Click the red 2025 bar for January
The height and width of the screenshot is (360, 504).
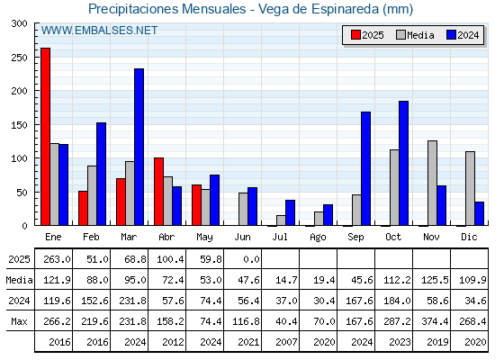click(x=45, y=137)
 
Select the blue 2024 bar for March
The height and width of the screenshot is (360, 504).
click(x=139, y=147)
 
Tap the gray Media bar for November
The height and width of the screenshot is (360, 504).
click(x=432, y=183)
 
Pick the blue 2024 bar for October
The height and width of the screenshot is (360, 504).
click(x=404, y=163)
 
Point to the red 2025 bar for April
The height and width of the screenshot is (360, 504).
click(x=158, y=192)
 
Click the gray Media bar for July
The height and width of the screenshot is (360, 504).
click(x=281, y=220)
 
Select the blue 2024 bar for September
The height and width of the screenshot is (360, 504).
click(x=365, y=169)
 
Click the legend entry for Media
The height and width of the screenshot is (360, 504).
click(x=415, y=35)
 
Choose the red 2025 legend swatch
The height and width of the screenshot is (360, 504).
click(x=355, y=35)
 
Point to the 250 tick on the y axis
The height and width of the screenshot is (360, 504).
click(x=19, y=58)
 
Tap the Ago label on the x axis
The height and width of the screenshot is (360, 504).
click(x=318, y=238)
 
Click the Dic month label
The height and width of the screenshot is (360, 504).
click(x=469, y=237)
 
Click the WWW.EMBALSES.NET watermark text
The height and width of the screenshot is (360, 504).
click(x=99, y=31)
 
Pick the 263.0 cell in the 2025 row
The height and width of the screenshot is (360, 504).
click(x=57, y=259)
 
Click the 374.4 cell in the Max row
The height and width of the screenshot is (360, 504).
click(x=435, y=321)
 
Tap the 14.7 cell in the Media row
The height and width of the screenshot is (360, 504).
click(x=286, y=280)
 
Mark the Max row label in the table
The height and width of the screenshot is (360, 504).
click(x=19, y=321)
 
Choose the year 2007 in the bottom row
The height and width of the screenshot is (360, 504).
click(x=286, y=342)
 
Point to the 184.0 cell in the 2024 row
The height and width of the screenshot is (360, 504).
click(x=397, y=301)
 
